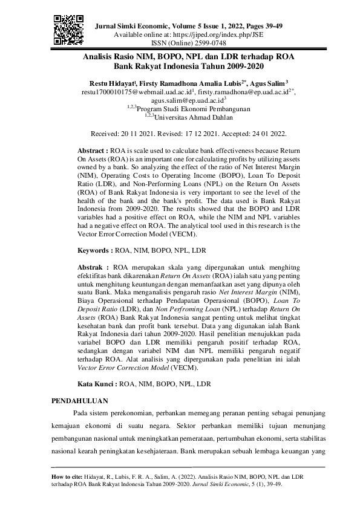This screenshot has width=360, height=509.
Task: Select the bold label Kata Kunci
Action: [x=98, y=383]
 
